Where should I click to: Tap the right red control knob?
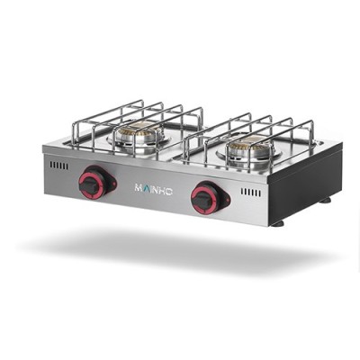pyautogui.click(x=207, y=196)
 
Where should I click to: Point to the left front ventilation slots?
pyautogui.click(x=58, y=166)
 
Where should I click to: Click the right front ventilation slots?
pyautogui.click(x=250, y=193)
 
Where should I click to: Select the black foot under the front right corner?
pyautogui.click(x=278, y=222)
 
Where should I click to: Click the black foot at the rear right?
pyautogui.click(x=325, y=199)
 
